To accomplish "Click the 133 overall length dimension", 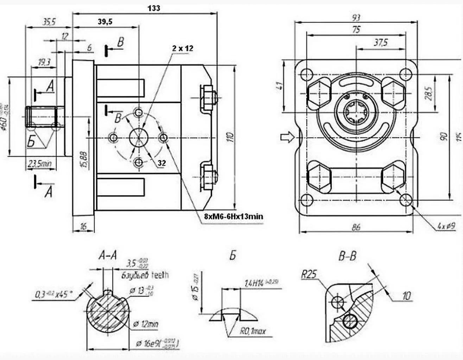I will (154, 8).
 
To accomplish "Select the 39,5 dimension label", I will (105, 22).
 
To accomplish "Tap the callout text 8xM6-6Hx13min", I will (233, 216).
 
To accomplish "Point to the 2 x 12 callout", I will (183, 48).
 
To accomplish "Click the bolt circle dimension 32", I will (161, 163).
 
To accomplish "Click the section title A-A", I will (108, 256).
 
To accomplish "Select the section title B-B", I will (347, 256).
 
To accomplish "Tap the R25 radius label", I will (309, 274).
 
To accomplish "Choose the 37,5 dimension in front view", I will (380, 43).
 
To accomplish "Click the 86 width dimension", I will (356, 227).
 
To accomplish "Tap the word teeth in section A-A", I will (160, 274).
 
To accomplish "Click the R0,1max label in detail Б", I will (253, 331).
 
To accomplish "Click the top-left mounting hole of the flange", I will (307, 74).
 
